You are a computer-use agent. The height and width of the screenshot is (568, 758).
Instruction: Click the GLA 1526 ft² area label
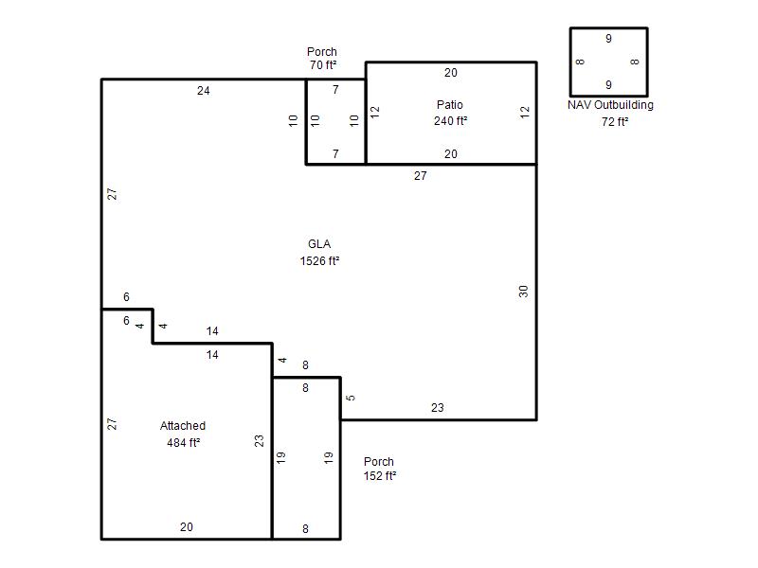319,253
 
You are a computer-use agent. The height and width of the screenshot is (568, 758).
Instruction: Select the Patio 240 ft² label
450,113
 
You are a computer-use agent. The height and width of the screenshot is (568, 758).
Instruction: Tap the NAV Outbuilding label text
610,105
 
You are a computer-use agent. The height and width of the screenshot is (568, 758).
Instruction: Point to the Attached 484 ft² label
183,435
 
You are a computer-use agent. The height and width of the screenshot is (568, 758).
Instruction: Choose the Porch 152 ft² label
380,469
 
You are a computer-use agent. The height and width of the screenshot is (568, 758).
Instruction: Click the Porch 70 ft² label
322,58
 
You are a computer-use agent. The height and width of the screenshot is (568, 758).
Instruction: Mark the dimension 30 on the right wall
523,292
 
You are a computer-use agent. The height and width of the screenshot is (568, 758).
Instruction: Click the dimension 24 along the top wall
204,90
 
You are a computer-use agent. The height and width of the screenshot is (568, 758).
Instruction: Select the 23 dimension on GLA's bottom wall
438,408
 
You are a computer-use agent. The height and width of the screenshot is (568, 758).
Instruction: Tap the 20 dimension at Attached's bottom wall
187,527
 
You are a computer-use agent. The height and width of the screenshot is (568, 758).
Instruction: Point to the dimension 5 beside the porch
351,398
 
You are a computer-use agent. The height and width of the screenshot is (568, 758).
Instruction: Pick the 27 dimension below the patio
421,176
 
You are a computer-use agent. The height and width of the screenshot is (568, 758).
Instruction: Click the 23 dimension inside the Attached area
259,440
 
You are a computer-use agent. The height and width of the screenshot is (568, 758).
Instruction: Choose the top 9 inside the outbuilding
608,38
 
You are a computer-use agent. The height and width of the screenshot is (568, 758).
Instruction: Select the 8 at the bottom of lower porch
305,529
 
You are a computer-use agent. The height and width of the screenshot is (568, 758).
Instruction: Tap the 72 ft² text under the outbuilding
615,122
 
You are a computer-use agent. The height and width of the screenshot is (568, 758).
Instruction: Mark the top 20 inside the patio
451,73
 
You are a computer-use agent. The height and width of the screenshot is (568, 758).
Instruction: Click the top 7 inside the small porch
335,89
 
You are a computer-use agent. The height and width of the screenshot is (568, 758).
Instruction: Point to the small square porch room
306,121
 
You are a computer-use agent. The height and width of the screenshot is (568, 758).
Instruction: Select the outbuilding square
570,62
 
